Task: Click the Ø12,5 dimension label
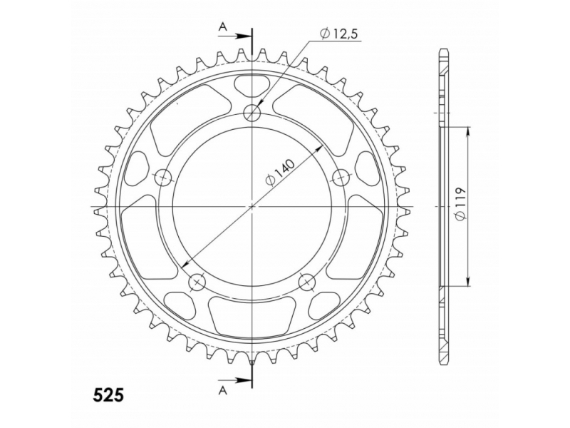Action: [340, 34]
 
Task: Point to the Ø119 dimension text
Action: [460, 204]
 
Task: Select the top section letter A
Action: [223, 26]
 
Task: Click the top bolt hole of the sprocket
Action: [253, 113]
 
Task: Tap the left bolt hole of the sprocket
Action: [163, 178]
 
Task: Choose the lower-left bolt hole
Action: [197, 282]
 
